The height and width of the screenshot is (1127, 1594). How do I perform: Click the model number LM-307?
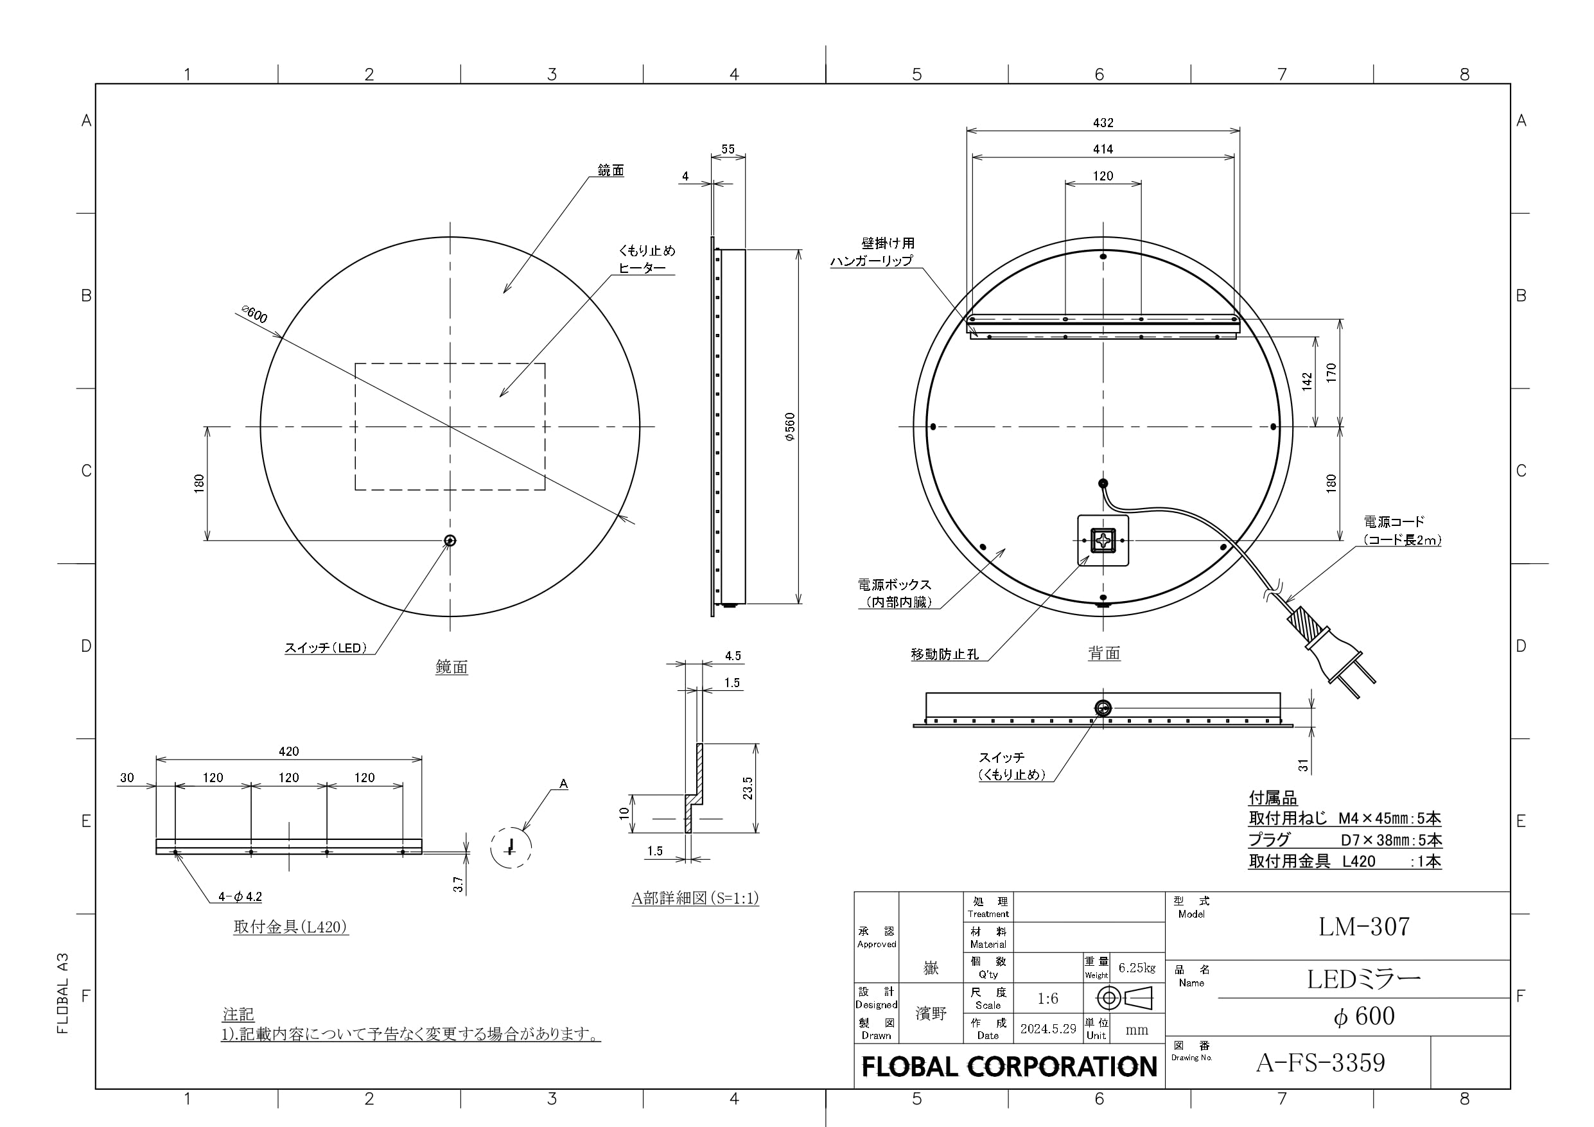(1363, 926)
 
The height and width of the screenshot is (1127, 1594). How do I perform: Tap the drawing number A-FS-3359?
(1320, 1062)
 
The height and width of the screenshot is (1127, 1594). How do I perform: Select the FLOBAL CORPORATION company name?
(1010, 1067)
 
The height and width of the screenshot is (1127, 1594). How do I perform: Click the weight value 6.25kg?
(1137, 968)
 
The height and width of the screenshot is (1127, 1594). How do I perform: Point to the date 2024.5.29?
(1047, 1028)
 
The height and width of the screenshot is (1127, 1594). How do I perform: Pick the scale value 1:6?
(1047, 999)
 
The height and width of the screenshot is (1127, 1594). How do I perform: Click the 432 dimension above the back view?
(1103, 123)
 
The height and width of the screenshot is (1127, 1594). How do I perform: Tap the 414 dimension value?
(1103, 148)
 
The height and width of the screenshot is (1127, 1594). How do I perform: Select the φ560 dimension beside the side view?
(790, 427)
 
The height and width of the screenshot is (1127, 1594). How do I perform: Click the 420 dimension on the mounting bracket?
(289, 751)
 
